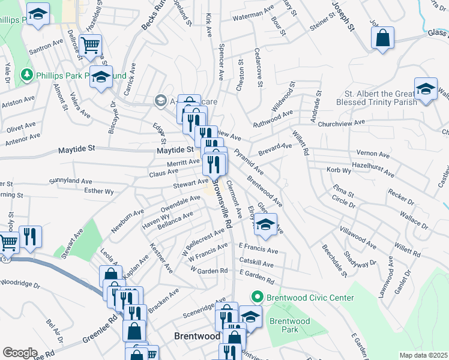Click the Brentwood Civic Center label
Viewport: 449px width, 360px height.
click(x=310, y=298)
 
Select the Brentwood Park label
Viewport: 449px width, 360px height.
click(x=289, y=325)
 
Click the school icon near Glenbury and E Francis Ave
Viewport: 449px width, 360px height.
click(x=266, y=224)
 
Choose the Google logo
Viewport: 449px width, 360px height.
click(x=20, y=353)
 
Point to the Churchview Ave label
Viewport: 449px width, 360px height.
click(x=342, y=123)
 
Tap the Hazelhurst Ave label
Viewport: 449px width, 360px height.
click(x=373, y=169)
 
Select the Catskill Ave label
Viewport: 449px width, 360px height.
click(x=256, y=264)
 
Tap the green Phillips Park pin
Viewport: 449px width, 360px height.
click(x=26, y=75)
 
